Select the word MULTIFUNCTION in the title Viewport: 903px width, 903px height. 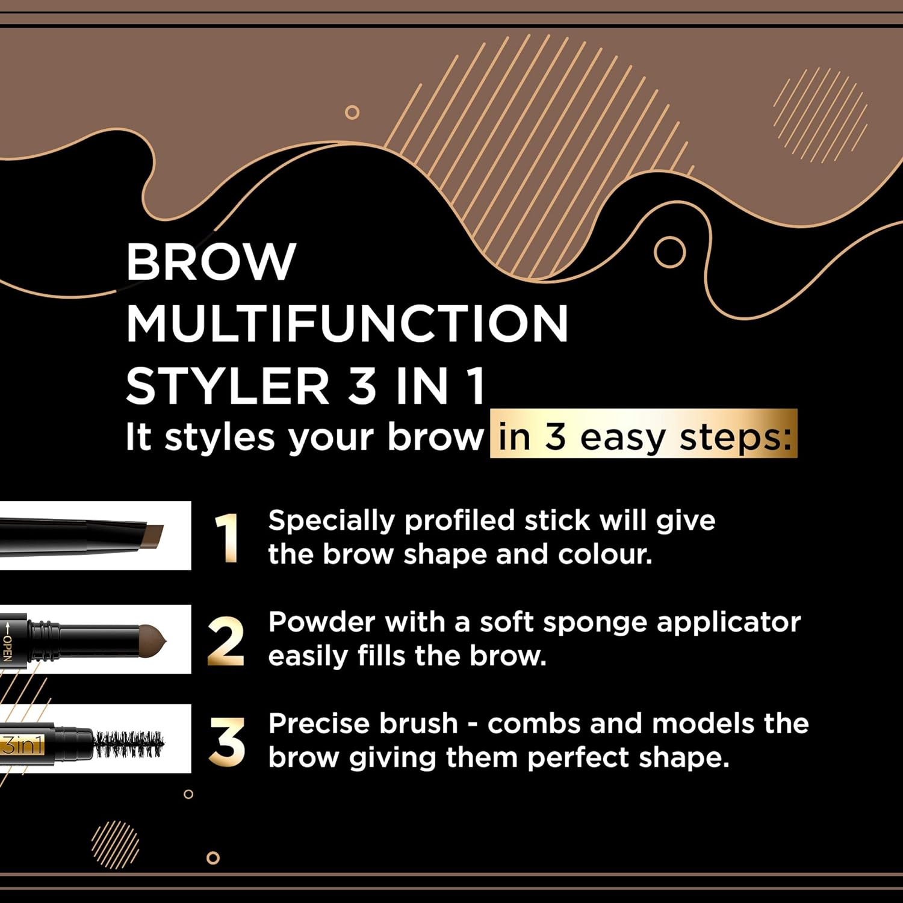coord(347,324)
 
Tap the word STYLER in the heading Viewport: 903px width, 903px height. coord(227,386)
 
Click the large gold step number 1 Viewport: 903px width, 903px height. coord(228,538)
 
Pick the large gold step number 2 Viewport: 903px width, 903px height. coord(226,641)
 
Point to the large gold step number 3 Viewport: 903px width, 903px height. coord(227,743)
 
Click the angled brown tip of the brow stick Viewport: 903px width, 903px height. coord(154,535)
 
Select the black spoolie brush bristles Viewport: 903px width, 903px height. coord(129,744)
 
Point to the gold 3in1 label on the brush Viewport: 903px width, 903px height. coord(22,745)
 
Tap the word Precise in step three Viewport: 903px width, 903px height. coord(363,724)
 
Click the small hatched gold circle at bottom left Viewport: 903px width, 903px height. coord(116,844)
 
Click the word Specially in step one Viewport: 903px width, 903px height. coord(331,521)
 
